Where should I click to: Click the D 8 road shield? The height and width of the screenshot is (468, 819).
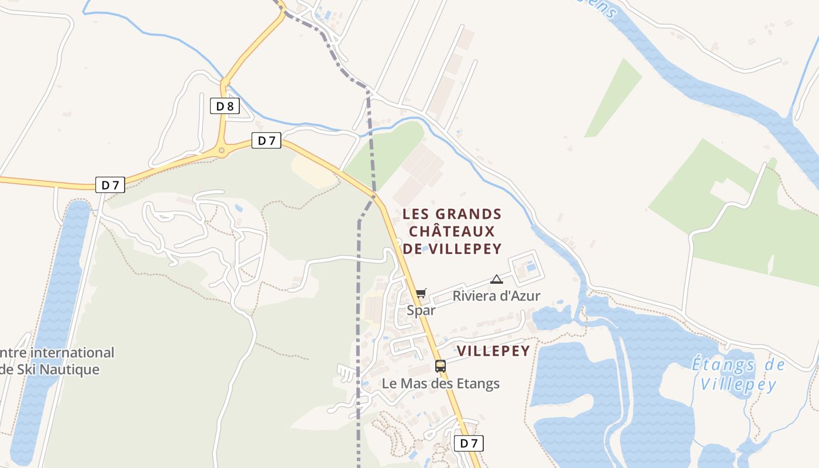click(225, 106)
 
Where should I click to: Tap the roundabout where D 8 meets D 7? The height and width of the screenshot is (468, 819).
click(222, 152)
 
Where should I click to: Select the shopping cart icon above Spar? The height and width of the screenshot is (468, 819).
click(421, 293)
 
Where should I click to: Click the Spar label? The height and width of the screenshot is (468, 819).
click(421, 311)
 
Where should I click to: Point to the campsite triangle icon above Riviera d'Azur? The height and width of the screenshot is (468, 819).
click(497, 279)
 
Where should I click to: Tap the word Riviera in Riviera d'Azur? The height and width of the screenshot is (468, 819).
click(474, 296)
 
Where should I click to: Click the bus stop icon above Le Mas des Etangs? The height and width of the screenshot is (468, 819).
click(441, 366)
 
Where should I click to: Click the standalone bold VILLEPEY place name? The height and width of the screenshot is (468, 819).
click(493, 351)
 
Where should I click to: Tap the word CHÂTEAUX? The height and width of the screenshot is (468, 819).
click(452, 231)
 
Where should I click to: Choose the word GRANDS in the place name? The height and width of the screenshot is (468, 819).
click(469, 214)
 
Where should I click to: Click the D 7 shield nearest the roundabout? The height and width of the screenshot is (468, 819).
click(266, 140)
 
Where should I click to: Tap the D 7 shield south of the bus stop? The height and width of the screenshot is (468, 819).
click(469, 443)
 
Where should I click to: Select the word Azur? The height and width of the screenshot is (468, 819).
click(525, 296)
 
